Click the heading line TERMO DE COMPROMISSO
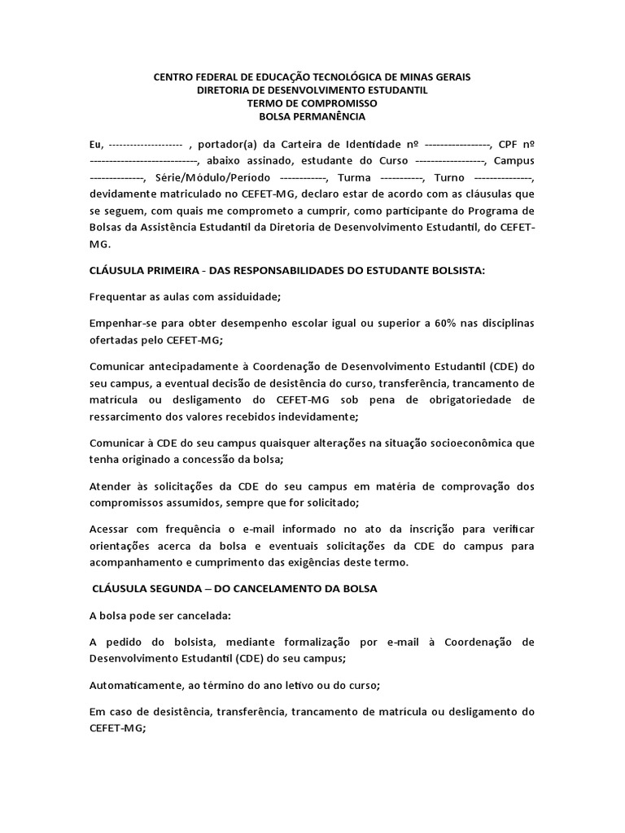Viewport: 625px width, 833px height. pyautogui.click(x=312, y=103)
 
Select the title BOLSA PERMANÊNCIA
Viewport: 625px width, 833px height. pyautogui.click(x=312, y=116)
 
